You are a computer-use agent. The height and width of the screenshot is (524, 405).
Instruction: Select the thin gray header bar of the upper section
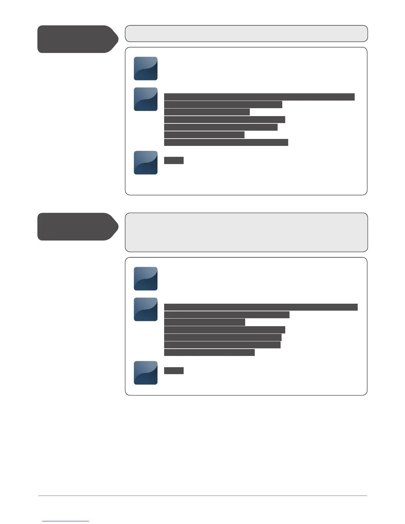point(246,33)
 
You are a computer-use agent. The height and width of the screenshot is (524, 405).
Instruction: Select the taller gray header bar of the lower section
point(246,232)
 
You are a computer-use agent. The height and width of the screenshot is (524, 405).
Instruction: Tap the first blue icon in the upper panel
point(146,68)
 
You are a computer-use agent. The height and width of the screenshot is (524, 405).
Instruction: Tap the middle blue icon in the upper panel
point(146,99)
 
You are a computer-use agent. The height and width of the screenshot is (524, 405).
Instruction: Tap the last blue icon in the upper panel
point(146,163)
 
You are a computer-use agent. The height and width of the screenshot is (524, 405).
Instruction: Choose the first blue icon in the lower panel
point(146,279)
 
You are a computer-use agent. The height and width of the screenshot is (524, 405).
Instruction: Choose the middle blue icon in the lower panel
point(146,309)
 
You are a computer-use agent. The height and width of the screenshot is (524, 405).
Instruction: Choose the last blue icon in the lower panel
point(146,373)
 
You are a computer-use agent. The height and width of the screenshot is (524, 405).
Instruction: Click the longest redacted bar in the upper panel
point(259,97)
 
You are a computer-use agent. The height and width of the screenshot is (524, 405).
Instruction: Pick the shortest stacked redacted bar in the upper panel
point(204,135)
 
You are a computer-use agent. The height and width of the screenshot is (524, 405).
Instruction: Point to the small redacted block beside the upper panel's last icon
point(174,160)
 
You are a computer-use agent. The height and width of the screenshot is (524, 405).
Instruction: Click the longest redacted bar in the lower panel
point(261,307)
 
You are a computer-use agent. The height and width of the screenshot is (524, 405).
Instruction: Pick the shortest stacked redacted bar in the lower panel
point(204,322)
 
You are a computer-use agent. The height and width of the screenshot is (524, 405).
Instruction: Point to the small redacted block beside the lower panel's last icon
point(174,371)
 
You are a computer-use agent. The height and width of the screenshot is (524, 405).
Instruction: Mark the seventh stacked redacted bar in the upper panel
point(226,142)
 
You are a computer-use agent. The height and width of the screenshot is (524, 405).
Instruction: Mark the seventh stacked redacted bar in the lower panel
point(209,352)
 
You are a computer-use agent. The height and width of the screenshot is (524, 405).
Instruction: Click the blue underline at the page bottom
point(66,521)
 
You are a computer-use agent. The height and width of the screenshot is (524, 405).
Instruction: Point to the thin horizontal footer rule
point(202,496)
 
